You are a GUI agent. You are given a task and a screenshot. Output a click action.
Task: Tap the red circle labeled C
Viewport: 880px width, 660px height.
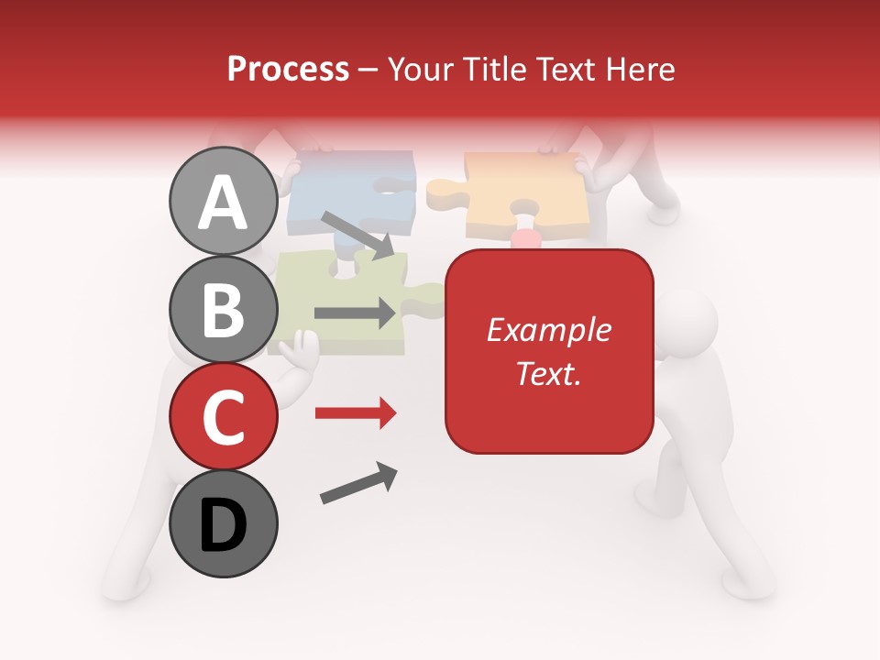(x=224, y=416)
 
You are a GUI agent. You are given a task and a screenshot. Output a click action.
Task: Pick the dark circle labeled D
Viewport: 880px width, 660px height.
(x=224, y=523)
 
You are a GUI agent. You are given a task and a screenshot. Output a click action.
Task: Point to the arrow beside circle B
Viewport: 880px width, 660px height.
(x=355, y=313)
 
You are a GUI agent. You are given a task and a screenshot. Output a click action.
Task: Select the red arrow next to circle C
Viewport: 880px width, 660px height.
(x=355, y=413)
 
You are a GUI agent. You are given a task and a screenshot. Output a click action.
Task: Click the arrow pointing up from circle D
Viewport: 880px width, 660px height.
(x=358, y=483)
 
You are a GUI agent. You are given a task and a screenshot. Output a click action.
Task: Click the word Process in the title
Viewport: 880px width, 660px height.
(x=288, y=69)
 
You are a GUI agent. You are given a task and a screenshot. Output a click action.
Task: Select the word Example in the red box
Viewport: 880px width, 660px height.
(x=548, y=330)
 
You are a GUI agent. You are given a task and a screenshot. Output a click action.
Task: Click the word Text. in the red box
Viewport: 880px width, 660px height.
(x=548, y=373)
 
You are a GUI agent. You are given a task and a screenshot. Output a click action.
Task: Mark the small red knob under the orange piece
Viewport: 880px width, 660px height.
(x=525, y=239)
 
